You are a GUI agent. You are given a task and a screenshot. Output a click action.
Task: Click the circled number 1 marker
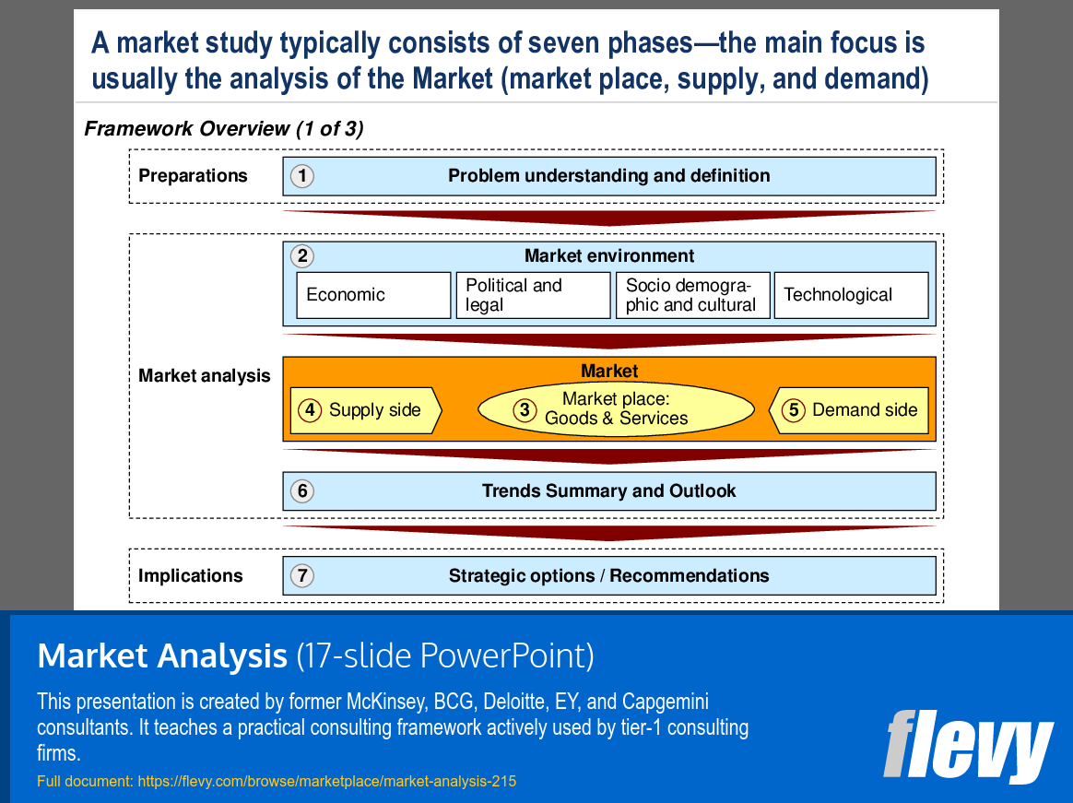tap(301, 176)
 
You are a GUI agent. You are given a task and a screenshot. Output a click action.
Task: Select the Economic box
tap(373, 295)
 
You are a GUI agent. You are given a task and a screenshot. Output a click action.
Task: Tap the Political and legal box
tap(533, 295)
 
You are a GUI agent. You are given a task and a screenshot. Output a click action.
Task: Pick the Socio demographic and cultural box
tap(692, 295)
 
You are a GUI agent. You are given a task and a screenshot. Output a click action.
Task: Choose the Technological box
tap(850, 295)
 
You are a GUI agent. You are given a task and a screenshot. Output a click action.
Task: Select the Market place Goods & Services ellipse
tap(616, 409)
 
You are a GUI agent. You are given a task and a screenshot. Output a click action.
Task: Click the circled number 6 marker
tap(301, 491)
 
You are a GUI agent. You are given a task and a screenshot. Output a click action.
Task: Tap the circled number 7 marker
tap(301, 576)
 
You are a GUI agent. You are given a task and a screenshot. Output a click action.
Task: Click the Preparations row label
tap(193, 176)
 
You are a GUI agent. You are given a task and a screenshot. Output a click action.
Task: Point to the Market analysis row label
tap(204, 375)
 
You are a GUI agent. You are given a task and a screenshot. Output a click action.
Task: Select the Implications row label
tap(190, 576)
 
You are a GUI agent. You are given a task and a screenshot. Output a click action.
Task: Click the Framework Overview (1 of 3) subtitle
tap(223, 129)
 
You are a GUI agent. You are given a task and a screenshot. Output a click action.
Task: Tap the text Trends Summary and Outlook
tap(608, 491)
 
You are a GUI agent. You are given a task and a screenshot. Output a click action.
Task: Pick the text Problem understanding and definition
tap(608, 176)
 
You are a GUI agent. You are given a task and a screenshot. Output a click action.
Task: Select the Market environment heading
tap(608, 256)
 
